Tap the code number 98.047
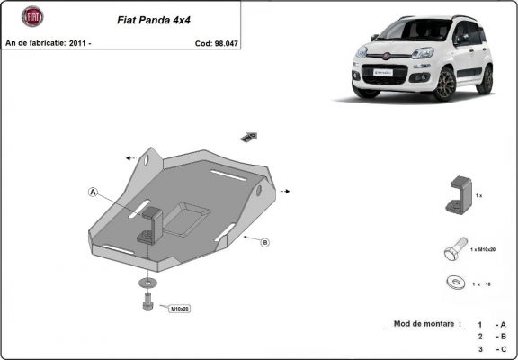(x=225, y=42)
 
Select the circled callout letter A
(x=93, y=191)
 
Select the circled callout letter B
(x=265, y=242)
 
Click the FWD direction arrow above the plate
(x=248, y=136)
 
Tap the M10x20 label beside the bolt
(x=180, y=308)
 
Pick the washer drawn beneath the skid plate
(x=147, y=285)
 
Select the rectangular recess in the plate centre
(x=187, y=216)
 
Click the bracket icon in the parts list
(x=457, y=194)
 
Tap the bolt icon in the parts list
(x=454, y=249)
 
